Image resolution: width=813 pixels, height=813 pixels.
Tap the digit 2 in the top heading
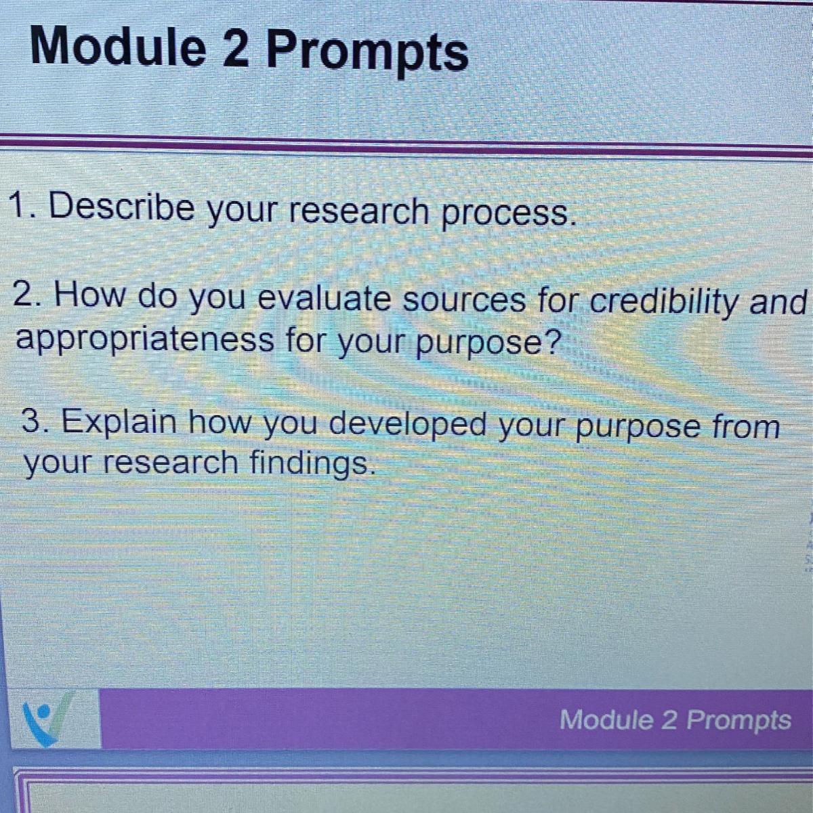235,48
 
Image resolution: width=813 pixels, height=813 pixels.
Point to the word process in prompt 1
508,214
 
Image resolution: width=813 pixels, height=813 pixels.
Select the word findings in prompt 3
313,464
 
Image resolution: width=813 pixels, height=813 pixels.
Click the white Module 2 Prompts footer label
675,720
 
